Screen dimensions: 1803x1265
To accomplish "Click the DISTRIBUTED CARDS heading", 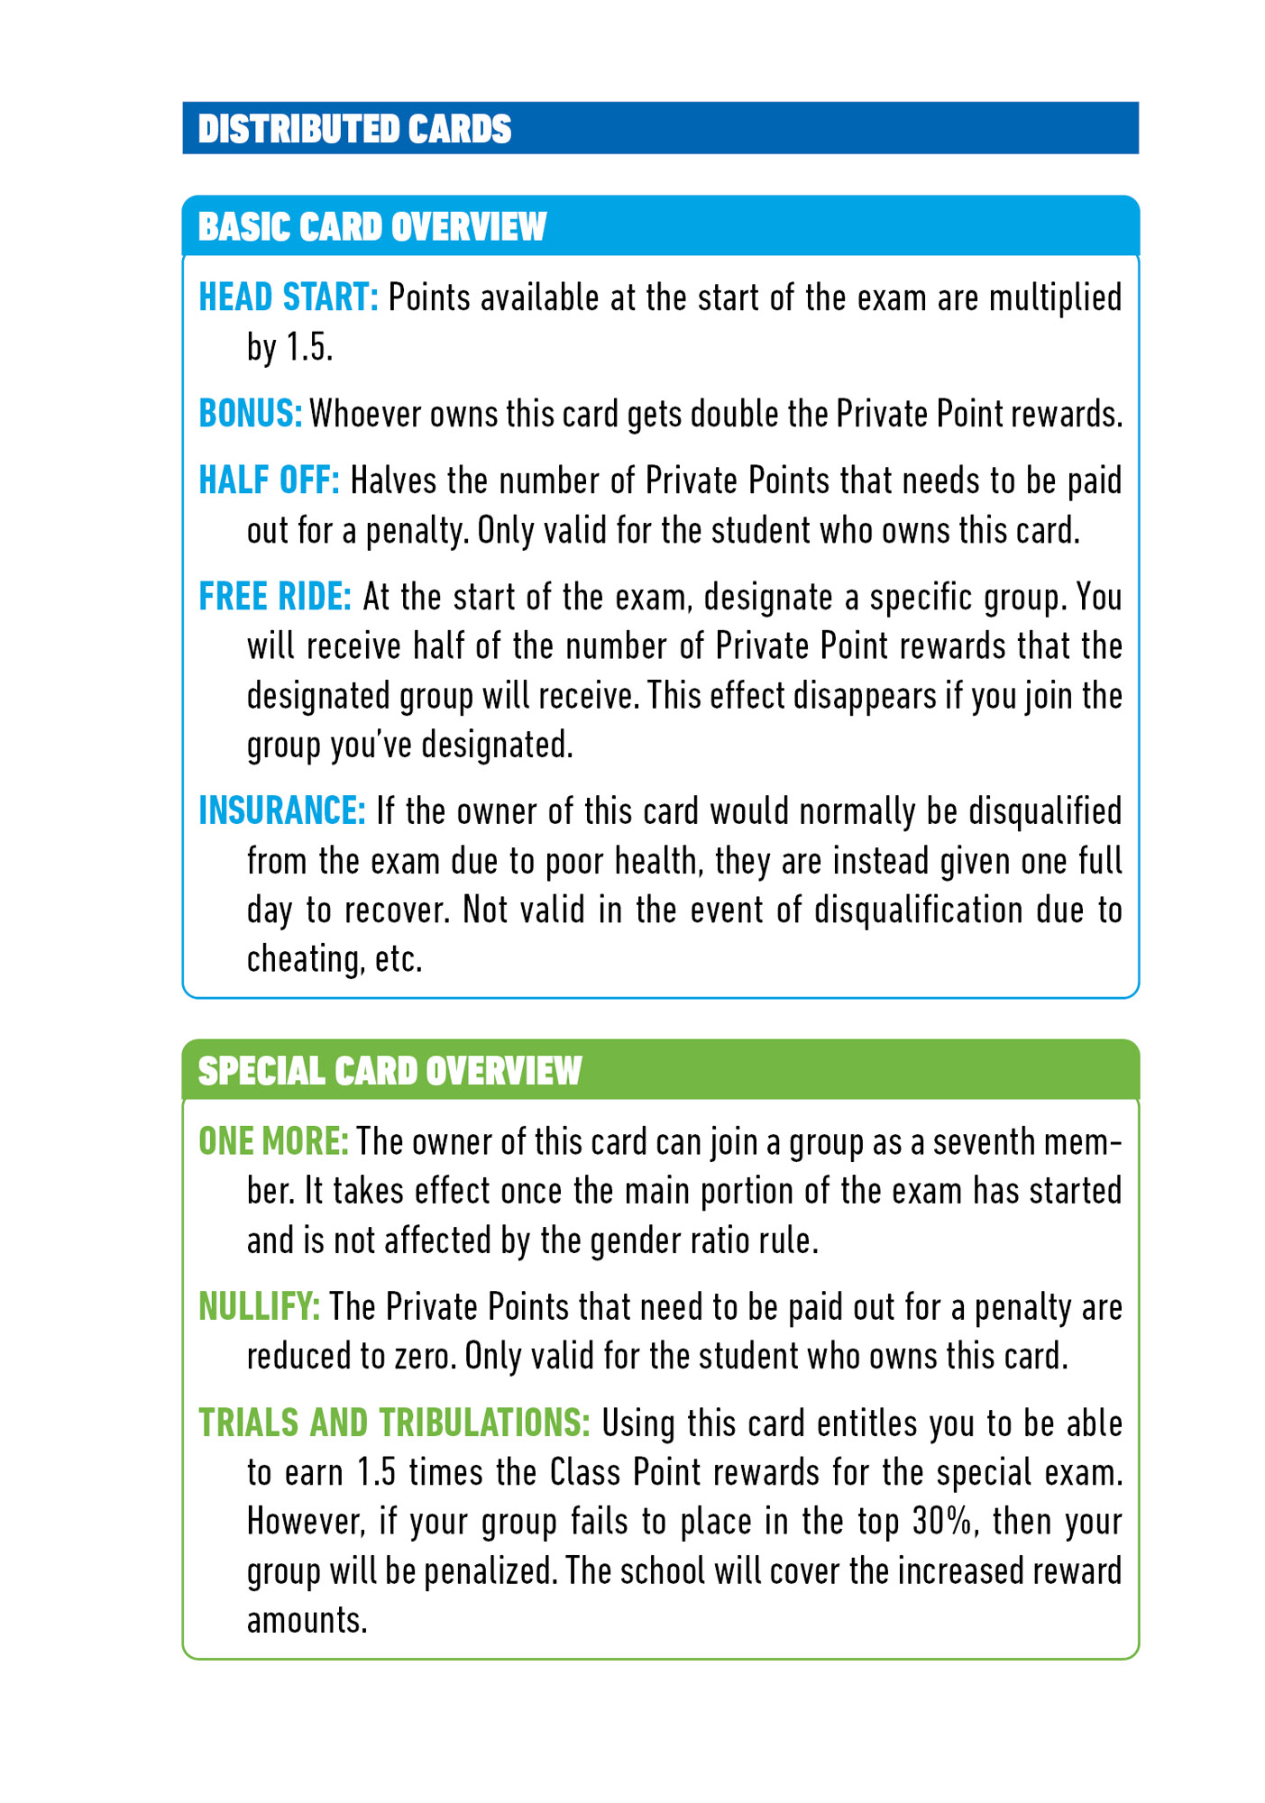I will [354, 129].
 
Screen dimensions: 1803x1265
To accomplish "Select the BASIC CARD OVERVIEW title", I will [371, 227].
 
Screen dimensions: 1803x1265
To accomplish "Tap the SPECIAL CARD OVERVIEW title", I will [390, 1071].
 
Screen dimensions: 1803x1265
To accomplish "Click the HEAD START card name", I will [288, 297].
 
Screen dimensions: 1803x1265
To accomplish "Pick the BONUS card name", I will [250, 414].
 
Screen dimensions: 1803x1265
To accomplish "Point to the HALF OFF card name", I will [269, 480].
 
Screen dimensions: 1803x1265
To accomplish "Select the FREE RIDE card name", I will [275, 597].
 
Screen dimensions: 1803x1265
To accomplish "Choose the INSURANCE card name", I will [281, 810].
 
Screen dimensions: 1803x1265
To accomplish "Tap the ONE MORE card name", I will [273, 1141].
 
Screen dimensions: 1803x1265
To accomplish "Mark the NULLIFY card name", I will [259, 1307].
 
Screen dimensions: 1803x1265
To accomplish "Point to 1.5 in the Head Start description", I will [309, 347].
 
